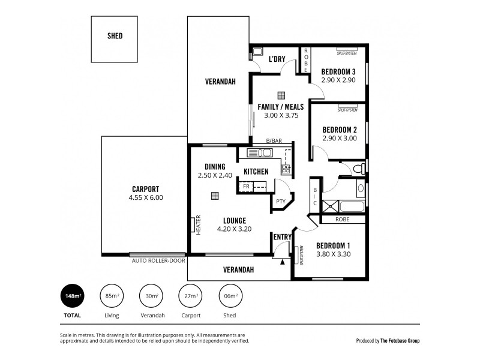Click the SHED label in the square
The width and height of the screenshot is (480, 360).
115,36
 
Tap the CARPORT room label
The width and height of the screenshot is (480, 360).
145,188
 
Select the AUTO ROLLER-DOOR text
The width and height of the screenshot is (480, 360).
158,261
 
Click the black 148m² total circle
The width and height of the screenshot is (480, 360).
73,296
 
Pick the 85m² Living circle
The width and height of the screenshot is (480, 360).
112,296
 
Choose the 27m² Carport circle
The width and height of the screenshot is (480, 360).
191,296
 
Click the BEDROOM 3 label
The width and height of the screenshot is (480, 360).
339,71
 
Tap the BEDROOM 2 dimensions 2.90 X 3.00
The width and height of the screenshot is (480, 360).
339,138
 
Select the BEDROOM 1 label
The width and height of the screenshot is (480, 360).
333,245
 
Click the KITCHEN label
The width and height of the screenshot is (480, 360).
256,172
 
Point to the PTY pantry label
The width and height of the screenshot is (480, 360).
280,202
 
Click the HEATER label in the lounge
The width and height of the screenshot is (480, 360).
198,225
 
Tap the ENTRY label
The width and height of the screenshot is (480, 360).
282,237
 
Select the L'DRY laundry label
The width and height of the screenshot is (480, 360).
277,59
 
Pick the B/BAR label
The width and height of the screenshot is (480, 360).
274,141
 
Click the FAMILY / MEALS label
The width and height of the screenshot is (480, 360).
280,107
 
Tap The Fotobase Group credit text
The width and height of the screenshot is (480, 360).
400,341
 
